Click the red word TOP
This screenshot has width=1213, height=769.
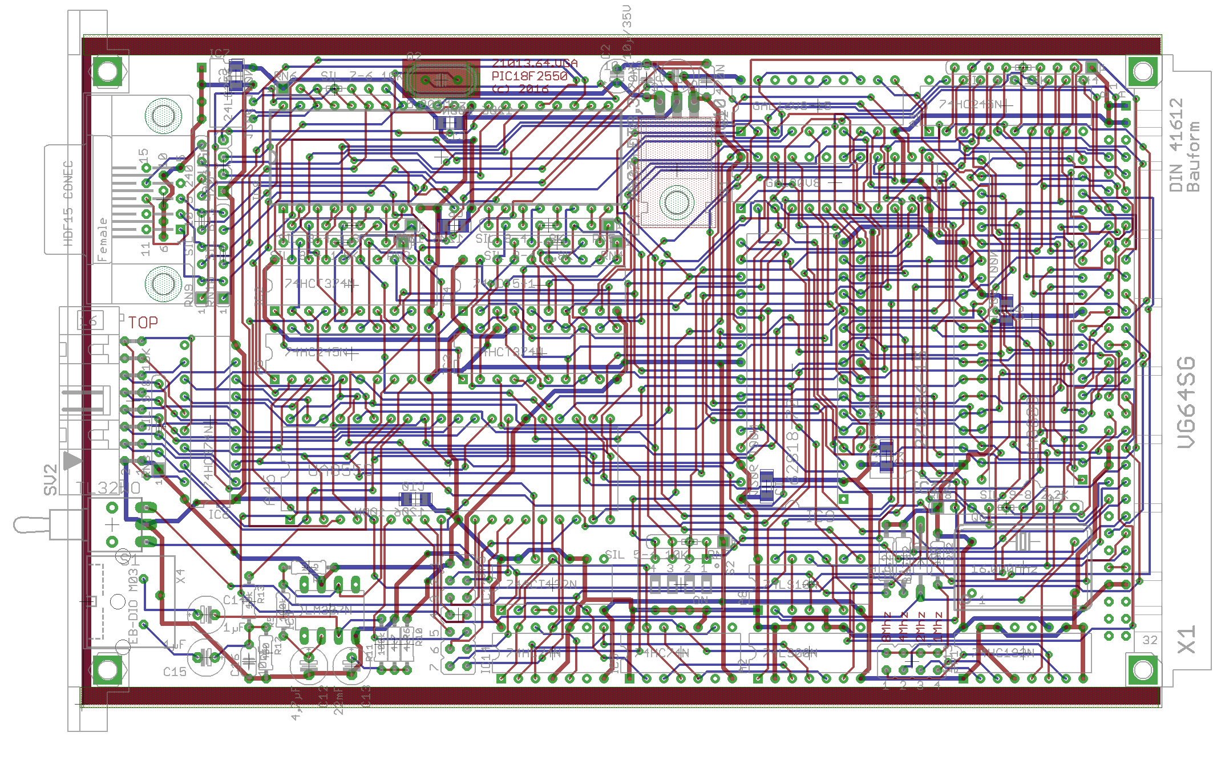point(143,323)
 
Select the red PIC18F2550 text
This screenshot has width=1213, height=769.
point(529,76)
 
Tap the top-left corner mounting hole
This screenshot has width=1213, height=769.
point(107,72)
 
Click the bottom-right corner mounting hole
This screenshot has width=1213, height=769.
point(1143,670)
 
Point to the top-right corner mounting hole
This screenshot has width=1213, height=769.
point(1143,72)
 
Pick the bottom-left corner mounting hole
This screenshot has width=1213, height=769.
point(107,670)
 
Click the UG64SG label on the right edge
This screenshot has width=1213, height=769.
point(1186,402)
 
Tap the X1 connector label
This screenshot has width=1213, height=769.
point(1186,640)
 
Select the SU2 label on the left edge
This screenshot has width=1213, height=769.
point(51,479)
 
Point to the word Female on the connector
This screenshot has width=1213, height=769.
point(102,239)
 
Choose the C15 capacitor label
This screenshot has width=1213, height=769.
point(175,672)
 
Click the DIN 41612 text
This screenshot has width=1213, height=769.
point(1176,145)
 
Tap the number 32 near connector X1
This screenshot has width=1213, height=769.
point(1150,640)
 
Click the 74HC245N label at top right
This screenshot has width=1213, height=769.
point(970,105)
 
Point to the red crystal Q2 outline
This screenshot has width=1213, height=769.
point(441,80)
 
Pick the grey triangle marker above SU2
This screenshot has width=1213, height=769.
point(72,460)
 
